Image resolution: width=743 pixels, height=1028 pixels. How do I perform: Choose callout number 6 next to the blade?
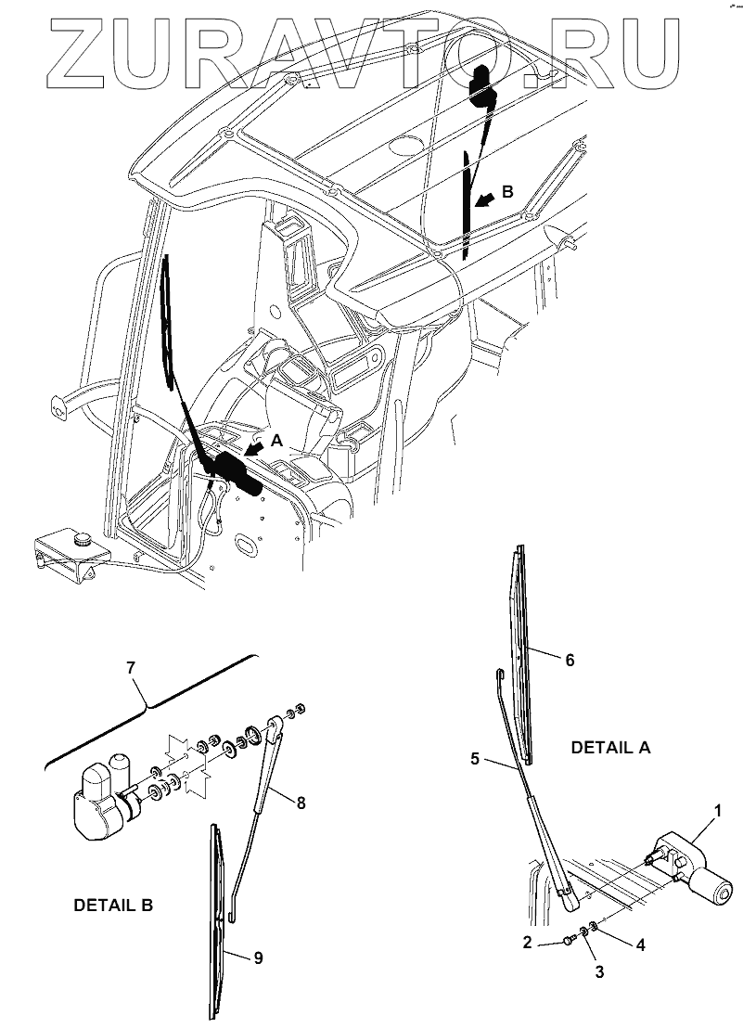coord(570,660)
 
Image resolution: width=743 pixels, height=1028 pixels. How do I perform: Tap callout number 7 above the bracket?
coord(131,666)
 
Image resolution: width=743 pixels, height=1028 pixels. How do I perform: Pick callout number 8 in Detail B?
coord(301,804)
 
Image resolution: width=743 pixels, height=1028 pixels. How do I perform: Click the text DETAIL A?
coord(609,748)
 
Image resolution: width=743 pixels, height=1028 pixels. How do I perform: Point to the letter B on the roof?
coord(506,191)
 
